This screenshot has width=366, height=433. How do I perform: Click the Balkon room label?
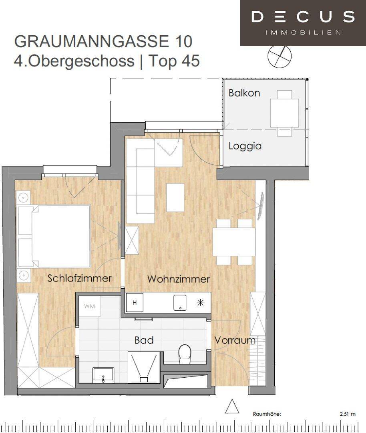[244, 93]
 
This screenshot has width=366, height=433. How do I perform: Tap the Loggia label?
[245, 146]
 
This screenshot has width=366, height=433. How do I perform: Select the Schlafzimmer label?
[79, 278]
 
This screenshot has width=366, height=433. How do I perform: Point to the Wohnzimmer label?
[179, 279]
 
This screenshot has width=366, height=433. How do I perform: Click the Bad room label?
[144, 340]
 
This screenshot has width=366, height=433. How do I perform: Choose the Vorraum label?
[235, 340]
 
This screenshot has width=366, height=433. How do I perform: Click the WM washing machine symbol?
[90, 306]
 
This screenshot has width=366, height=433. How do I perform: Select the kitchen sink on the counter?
[180, 303]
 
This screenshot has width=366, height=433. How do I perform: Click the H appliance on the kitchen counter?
[135, 303]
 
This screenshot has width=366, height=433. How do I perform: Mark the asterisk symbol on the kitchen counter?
[201, 303]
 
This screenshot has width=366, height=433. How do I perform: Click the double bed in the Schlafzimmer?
[54, 236]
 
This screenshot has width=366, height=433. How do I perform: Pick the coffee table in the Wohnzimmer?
[175, 197]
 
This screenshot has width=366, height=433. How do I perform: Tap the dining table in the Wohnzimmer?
[234, 242]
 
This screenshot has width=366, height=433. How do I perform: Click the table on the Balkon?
[284, 113]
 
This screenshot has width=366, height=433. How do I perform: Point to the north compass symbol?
[280, 56]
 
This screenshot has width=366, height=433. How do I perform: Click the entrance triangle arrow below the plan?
[232, 407]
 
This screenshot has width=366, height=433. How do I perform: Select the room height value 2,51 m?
[348, 414]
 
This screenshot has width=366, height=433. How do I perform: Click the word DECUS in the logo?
[303, 16]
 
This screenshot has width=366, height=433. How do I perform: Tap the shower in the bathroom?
[144, 367]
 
